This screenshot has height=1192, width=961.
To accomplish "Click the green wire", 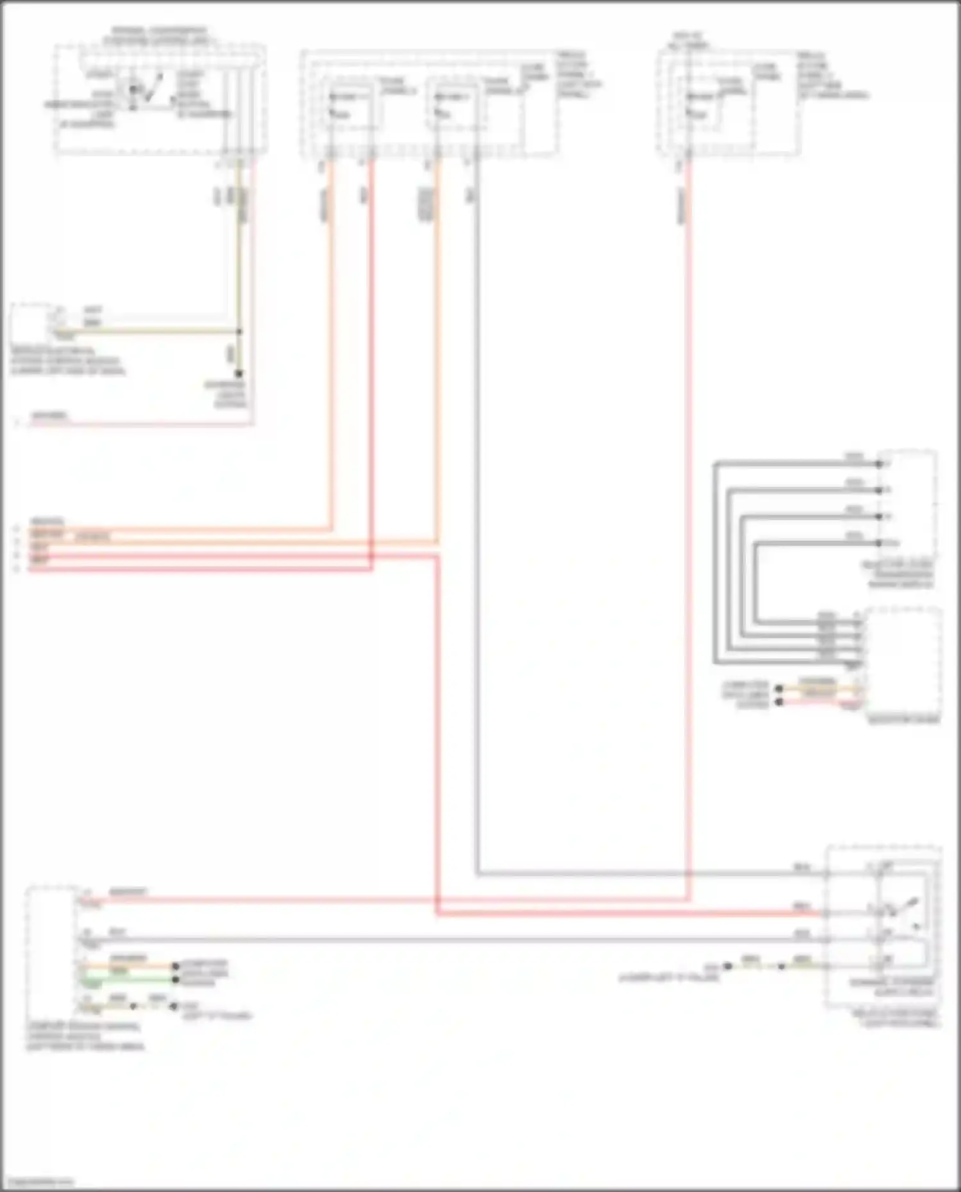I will (128, 979).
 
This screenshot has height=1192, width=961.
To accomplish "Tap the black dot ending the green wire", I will (175, 979).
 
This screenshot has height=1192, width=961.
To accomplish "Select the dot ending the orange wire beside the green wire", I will (175, 967).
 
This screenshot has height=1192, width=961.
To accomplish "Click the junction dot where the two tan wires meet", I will (239, 332).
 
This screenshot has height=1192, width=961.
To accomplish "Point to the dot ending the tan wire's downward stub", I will (239, 373).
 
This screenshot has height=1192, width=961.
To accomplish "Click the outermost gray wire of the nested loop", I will (715, 564).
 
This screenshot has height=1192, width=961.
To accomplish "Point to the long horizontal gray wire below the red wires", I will (448, 940).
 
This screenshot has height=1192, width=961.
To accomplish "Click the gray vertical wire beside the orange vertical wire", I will (477, 512).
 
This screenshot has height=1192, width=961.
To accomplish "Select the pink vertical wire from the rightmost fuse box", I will (689, 512).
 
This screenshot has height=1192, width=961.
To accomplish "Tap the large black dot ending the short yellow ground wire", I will (728, 966).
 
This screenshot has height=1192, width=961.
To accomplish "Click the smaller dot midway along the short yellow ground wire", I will (781, 966).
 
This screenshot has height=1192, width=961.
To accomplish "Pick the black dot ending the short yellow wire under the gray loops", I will (779, 689).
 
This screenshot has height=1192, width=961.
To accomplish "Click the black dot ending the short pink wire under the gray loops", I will (779, 702).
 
